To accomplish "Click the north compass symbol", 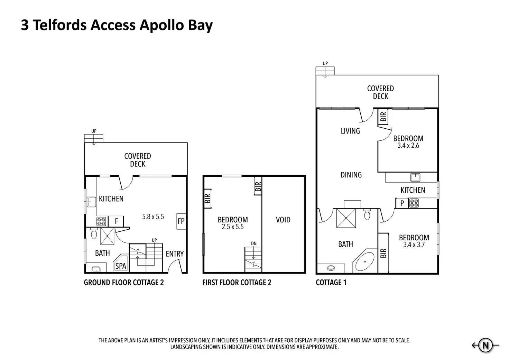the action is coord(485,345).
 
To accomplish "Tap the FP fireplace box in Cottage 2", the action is coord(181,221).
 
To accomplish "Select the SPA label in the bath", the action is coord(121,266).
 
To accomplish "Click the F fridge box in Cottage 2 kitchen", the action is coord(116,221).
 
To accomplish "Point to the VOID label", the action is coord(283,220).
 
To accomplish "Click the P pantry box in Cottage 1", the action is coord(402,203).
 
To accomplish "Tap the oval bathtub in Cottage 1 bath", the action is coord(365,261).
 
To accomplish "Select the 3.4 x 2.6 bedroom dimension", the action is coord(408,146).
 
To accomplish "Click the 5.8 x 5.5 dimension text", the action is coord(153,216).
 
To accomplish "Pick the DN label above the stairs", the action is coord(254,244).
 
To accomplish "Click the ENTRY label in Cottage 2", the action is coord(175,253).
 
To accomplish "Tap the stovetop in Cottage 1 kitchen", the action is coord(414,203).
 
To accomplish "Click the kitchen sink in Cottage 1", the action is coord(415,177).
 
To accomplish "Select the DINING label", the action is coord(351,175).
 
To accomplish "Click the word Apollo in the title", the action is coord(161,25).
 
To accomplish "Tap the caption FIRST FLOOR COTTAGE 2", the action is coord(237,283).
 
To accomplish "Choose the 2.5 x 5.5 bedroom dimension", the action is coord(233,227).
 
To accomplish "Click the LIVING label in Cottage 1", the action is coord(350,131).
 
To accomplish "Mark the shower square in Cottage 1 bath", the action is coord(346,218).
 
